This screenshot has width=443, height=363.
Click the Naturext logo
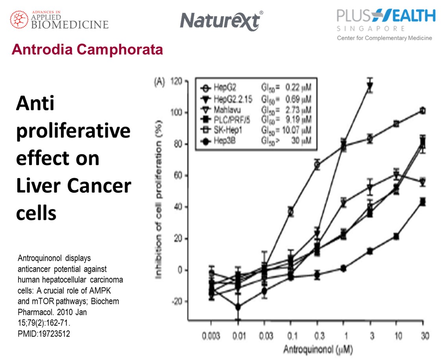click(221, 20)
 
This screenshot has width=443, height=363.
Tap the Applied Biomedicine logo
click(59, 19)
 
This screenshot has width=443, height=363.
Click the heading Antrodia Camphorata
click(87, 50)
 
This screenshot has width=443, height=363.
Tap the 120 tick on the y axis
click(177, 81)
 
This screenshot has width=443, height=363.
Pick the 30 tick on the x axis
click(423, 336)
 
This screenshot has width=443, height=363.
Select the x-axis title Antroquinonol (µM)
click(317, 349)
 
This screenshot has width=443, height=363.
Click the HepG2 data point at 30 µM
click(423, 111)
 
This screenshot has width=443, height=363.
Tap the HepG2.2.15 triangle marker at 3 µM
click(370, 87)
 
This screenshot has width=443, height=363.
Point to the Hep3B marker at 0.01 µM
click(238, 307)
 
